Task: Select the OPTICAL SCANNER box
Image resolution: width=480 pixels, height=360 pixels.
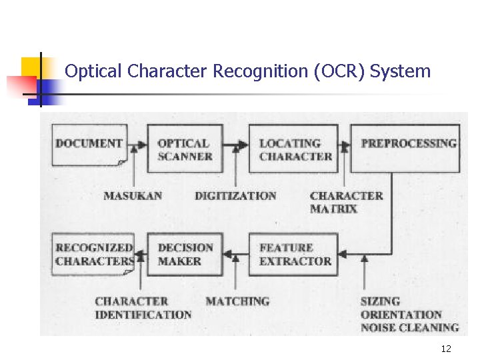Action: (185, 149)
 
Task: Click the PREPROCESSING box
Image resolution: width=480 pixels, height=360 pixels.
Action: (405, 148)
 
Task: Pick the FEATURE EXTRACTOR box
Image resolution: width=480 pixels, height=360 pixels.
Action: (295, 254)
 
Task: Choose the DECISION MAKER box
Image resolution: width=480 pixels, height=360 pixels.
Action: (185, 254)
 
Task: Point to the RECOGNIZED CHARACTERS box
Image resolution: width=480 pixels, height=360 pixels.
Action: (93, 254)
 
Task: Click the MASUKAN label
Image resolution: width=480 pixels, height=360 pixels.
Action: (133, 196)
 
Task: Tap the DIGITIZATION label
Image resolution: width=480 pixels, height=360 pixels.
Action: (235, 196)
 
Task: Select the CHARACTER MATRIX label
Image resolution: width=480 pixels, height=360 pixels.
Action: (346, 202)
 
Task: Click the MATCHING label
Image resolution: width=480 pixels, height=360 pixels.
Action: (237, 301)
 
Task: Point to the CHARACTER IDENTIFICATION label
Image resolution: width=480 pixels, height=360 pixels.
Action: (143, 308)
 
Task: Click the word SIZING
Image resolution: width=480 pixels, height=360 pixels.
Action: (380, 301)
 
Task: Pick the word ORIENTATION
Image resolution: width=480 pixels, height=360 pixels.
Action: (401, 314)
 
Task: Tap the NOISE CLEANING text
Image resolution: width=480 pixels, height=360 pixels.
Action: (409, 327)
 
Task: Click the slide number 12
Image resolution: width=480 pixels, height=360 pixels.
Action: (446, 349)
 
